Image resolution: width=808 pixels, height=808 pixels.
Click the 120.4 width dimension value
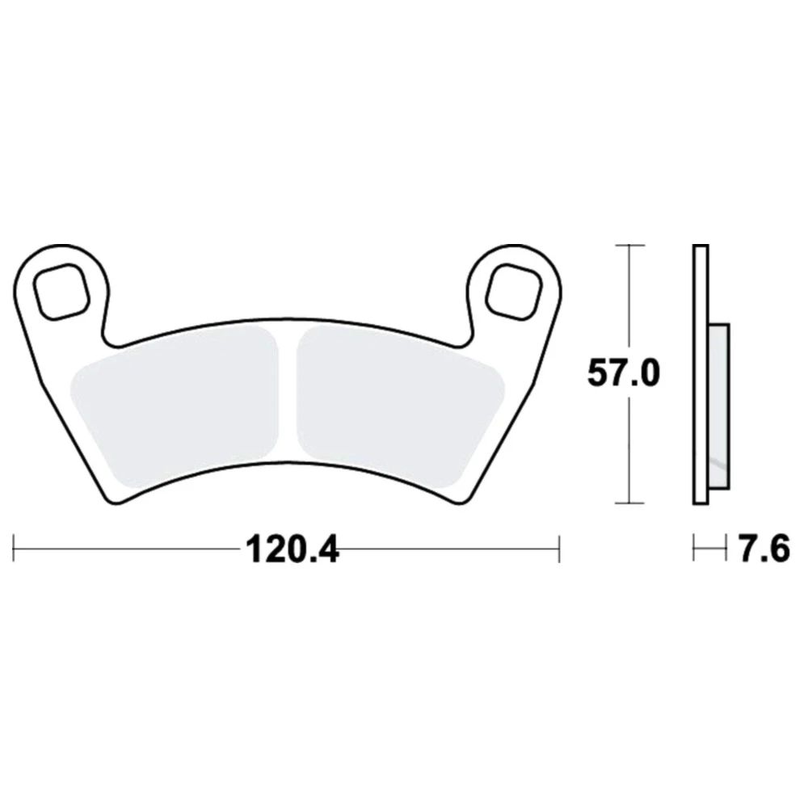point(292,549)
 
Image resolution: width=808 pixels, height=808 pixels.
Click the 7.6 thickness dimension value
point(764,549)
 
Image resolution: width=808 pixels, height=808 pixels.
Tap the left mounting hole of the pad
point(60,291)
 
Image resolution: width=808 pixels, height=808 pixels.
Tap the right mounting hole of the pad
point(514,291)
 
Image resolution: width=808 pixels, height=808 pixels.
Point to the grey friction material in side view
point(719,406)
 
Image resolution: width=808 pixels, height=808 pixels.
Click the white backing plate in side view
point(701,374)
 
